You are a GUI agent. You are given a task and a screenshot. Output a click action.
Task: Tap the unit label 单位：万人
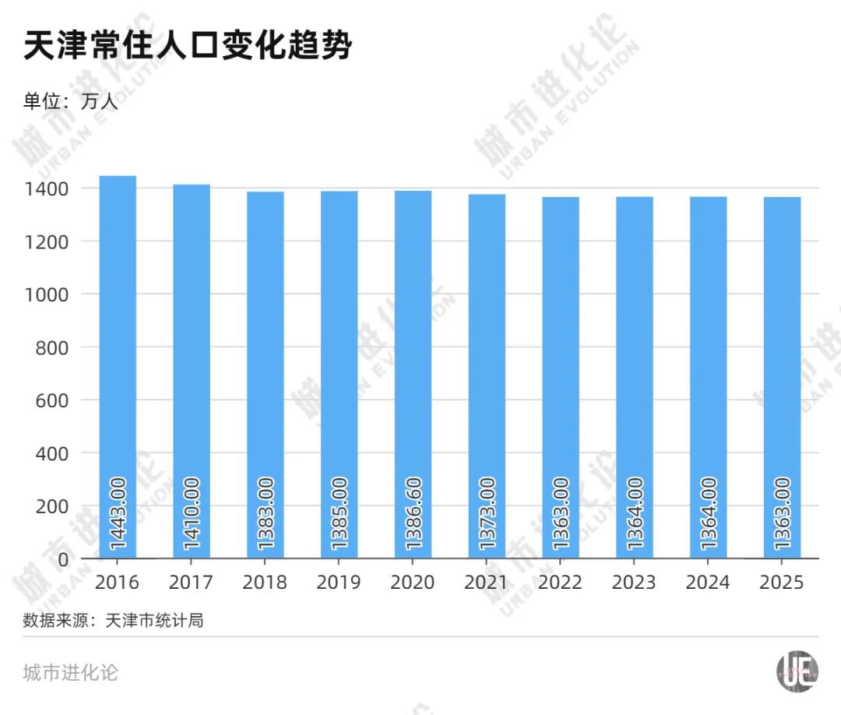(x=70, y=100)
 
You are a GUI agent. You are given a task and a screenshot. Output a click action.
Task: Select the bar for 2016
(x=118, y=367)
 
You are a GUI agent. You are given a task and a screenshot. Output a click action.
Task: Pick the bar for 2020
(x=413, y=375)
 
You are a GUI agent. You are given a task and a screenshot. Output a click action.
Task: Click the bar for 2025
(x=782, y=378)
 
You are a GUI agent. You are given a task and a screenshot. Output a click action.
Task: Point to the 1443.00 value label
(x=118, y=513)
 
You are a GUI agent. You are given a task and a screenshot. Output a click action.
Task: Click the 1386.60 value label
(x=413, y=513)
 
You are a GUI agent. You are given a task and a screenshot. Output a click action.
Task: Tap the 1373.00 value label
(x=487, y=513)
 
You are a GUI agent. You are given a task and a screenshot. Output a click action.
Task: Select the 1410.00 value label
(x=192, y=513)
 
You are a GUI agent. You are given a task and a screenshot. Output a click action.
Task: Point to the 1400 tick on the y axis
(x=47, y=188)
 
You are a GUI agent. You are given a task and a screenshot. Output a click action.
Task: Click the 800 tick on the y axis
(x=52, y=347)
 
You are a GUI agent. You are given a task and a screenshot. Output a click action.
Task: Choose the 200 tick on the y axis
(x=52, y=506)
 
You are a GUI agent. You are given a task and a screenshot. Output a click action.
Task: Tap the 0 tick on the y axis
(x=63, y=559)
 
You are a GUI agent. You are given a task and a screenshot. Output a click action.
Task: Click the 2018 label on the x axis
(x=265, y=582)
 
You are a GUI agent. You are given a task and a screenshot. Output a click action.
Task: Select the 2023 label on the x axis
(x=634, y=582)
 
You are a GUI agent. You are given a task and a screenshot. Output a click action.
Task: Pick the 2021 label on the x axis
(x=486, y=582)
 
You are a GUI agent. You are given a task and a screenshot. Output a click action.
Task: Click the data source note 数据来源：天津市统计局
(x=113, y=621)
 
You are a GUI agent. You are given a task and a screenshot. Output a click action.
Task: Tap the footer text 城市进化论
(x=70, y=673)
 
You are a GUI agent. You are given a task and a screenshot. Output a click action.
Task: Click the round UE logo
(x=797, y=671)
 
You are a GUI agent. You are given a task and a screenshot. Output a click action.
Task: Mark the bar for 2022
(x=561, y=378)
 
